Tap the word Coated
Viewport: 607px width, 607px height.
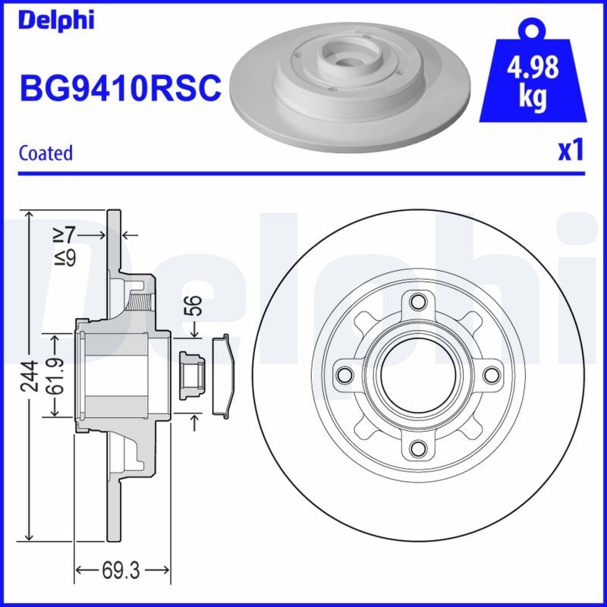coord(46,153)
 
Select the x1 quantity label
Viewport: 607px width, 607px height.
coord(570,151)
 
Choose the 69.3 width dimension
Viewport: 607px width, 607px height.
coord(123,569)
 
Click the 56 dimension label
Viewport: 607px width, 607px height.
coord(196,306)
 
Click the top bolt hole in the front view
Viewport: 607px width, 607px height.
coord(417,302)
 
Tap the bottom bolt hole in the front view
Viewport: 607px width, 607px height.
coord(417,449)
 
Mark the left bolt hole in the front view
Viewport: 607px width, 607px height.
coord(344,375)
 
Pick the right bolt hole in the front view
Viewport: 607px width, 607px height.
coord(490,375)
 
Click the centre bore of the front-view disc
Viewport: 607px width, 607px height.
coord(417,375)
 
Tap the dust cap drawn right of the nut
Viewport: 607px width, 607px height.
coord(222,375)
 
